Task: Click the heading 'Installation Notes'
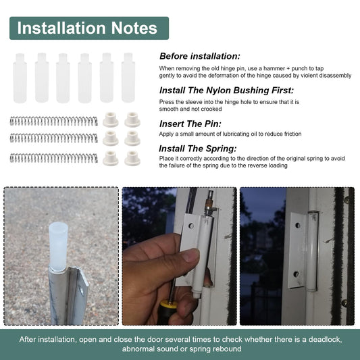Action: tap(87, 28)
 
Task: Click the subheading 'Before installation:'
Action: tap(200, 56)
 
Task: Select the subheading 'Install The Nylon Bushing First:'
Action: tap(227, 91)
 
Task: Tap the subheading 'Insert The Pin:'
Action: tap(190, 124)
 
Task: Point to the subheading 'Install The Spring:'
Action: tap(198, 149)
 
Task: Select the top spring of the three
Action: tap(54, 121)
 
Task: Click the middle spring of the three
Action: tap(54, 138)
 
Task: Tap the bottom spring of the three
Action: tap(54, 158)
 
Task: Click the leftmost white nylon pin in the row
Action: tap(20, 78)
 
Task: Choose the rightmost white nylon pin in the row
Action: tap(128, 78)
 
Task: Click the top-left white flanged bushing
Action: tap(111, 120)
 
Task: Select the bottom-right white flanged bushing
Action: tap(132, 158)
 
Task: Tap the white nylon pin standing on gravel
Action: tap(58, 247)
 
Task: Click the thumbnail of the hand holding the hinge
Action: tap(179, 256)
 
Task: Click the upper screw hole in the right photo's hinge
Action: tap(298, 226)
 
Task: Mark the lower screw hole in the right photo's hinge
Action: tap(297, 274)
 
